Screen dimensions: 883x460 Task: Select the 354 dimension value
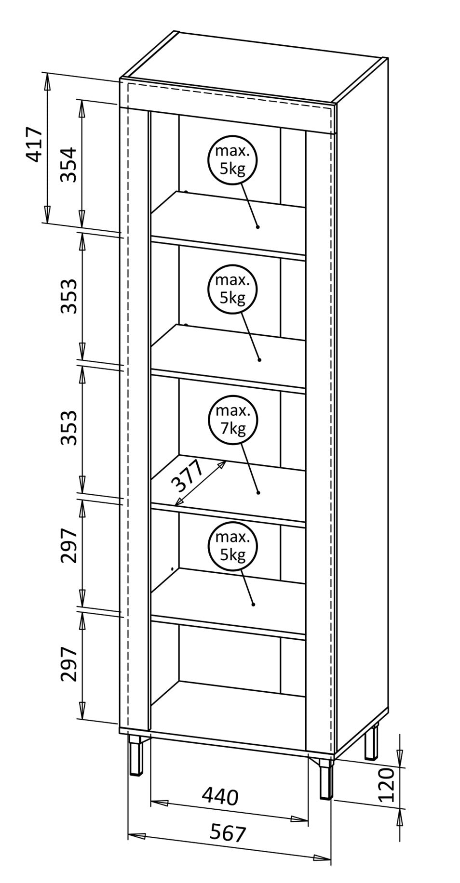coord(68,165)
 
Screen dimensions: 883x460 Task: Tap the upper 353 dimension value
coord(68,296)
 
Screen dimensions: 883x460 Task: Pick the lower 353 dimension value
coord(68,428)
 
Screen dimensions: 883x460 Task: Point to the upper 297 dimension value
coord(68,545)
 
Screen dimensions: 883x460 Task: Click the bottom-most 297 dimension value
coord(68,664)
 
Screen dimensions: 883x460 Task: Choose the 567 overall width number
coord(228,832)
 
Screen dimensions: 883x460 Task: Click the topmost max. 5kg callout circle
coord(232,159)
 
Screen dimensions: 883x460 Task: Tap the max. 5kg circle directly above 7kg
coord(232,289)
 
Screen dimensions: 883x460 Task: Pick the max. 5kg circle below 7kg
coord(232,546)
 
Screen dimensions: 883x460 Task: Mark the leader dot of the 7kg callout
coord(258,492)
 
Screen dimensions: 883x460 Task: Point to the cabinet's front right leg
coord(326,778)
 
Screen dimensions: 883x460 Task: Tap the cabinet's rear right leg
coord(371,742)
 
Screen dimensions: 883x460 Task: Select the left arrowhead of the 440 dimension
coord(157,802)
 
